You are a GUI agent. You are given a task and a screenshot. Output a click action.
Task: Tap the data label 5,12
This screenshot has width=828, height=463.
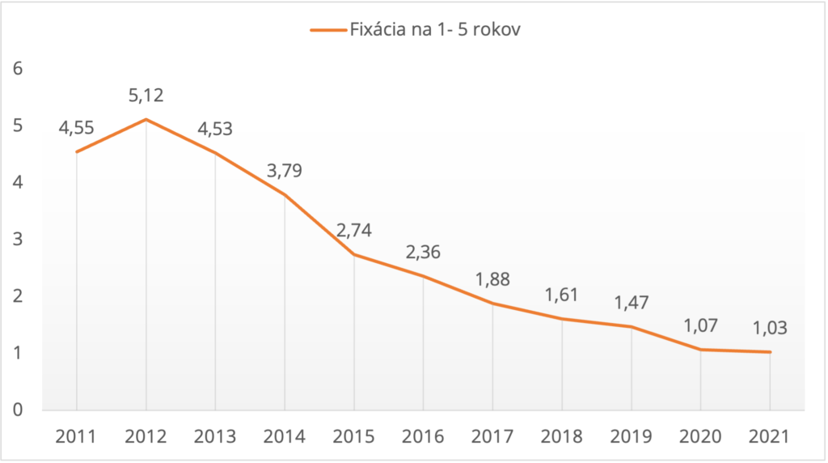(x=146, y=96)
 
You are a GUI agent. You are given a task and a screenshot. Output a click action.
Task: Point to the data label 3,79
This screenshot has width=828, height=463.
(x=285, y=171)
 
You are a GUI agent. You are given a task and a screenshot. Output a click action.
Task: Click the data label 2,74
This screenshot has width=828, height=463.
(x=354, y=231)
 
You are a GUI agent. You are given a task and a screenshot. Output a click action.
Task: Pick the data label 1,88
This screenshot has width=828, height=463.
(x=492, y=279)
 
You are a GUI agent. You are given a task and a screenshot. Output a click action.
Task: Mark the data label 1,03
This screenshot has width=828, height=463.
(x=770, y=329)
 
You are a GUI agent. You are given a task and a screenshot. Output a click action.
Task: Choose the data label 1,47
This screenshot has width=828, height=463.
(x=631, y=304)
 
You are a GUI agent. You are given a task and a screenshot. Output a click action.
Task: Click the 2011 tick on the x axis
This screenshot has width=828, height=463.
(x=76, y=437)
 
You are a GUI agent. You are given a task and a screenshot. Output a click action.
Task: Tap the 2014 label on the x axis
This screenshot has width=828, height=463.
(x=285, y=437)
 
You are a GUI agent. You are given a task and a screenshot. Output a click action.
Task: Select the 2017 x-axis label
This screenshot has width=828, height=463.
(x=492, y=437)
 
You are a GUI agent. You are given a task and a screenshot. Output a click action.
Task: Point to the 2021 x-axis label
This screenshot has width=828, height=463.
(x=770, y=437)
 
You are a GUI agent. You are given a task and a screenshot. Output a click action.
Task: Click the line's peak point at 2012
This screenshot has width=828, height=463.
(x=146, y=119)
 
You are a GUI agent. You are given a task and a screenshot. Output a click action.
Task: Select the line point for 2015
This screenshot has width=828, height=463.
(x=354, y=254)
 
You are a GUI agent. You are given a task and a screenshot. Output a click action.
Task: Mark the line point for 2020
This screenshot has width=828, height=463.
(x=700, y=349)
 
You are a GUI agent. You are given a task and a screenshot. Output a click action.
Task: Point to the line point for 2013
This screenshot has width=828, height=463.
(x=215, y=152)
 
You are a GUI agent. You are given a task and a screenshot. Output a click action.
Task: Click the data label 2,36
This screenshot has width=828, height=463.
(x=423, y=253)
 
